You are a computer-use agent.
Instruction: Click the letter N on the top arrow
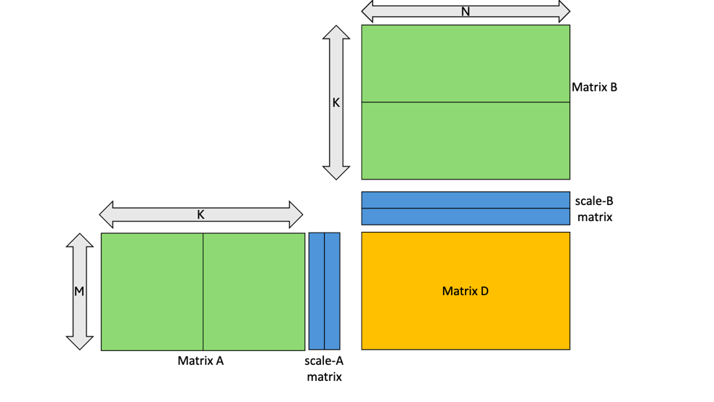(465, 12)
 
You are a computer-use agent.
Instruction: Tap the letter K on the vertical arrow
(336, 102)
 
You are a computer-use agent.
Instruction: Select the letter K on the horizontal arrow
(200, 214)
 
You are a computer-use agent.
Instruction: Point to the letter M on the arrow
(79, 291)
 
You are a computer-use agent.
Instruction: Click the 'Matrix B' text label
(594, 87)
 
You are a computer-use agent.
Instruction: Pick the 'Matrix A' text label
(200, 360)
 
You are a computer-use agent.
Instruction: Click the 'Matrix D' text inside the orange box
(465, 291)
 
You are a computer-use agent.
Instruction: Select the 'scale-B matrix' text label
(593, 209)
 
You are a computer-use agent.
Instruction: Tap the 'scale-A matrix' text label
(324, 369)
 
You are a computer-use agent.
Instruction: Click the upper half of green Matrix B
(465, 63)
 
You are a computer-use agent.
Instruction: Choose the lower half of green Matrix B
(465, 140)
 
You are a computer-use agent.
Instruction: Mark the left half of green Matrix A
(152, 292)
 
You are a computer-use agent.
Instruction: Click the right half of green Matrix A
(253, 292)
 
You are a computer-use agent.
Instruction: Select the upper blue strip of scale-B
(465, 200)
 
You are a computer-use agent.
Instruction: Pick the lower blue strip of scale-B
(465, 217)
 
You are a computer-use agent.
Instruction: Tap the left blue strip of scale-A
(316, 292)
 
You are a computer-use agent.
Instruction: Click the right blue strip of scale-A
(332, 292)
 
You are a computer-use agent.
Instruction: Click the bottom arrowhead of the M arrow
(79, 342)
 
